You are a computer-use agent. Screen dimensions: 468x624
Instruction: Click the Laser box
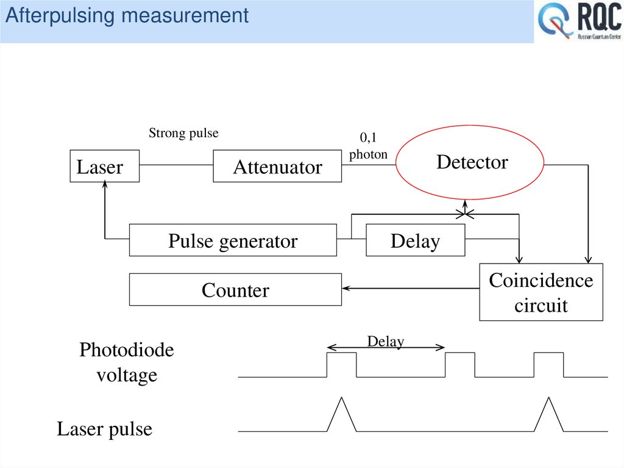(x=104, y=166)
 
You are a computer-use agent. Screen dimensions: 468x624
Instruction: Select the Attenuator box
(x=277, y=166)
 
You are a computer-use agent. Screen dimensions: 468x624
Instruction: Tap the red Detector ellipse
(x=470, y=163)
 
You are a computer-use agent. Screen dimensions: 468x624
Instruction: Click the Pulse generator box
(x=233, y=240)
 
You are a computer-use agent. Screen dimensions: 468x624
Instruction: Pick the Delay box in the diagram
(x=415, y=240)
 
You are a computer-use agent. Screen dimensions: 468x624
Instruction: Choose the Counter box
(x=235, y=289)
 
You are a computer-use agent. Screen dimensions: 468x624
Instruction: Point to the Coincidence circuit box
(x=541, y=292)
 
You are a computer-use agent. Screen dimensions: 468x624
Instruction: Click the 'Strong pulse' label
(x=183, y=133)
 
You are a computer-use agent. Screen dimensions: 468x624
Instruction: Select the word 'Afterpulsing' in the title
(x=60, y=15)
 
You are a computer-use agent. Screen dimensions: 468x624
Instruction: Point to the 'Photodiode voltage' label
(x=127, y=362)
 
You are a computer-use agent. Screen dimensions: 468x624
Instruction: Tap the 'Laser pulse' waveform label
(x=104, y=429)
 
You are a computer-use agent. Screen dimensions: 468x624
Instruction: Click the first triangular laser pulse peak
(x=342, y=399)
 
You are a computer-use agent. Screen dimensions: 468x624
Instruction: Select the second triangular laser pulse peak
(x=550, y=399)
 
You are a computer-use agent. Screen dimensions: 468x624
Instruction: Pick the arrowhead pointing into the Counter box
(x=346, y=289)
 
